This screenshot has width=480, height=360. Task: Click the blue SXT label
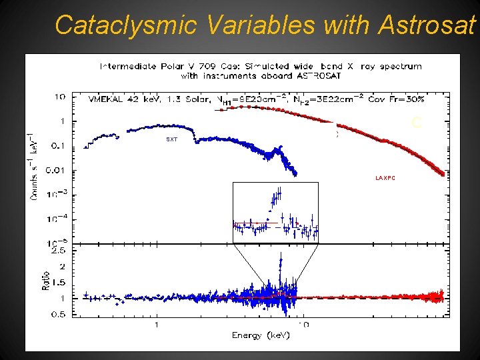172,139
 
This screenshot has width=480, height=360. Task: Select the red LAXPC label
385,178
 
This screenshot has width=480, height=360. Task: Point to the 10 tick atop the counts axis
60,97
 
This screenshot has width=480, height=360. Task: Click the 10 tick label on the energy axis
303,325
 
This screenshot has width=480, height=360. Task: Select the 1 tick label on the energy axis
157,325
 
